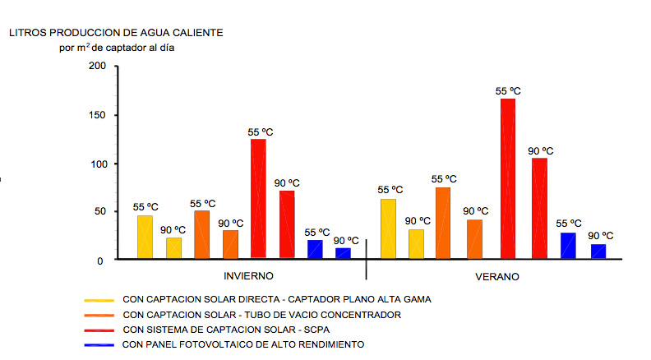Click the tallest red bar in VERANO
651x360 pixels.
pyautogui.click(x=508, y=178)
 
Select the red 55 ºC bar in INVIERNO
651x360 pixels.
pyautogui.click(x=258, y=199)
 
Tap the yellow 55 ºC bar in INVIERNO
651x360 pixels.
pyautogui.click(x=145, y=237)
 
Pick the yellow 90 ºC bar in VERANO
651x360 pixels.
pyautogui.click(x=417, y=244)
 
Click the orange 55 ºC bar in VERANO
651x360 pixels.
pyautogui.click(x=443, y=223)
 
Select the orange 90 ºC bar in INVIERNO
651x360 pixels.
pyautogui.click(x=230, y=244)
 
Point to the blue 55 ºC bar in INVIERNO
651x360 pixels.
pyautogui.click(x=315, y=249)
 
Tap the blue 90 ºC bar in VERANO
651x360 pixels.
pyautogui.click(x=598, y=252)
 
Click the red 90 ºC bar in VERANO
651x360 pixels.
pyautogui.click(x=539, y=208)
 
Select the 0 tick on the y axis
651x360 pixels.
pyautogui.click(x=100, y=261)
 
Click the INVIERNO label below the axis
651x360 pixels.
pyautogui.click(x=248, y=276)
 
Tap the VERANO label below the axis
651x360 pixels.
pyautogui.click(x=497, y=276)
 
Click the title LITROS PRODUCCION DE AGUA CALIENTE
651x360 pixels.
pyautogui.click(x=116, y=33)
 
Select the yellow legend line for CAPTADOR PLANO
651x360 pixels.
pyautogui.click(x=98, y=300)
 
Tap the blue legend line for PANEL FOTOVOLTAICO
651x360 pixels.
pyautogui.click(x=98, y=345)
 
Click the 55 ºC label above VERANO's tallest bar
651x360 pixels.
pyautogui.click(x=508, y=91)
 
